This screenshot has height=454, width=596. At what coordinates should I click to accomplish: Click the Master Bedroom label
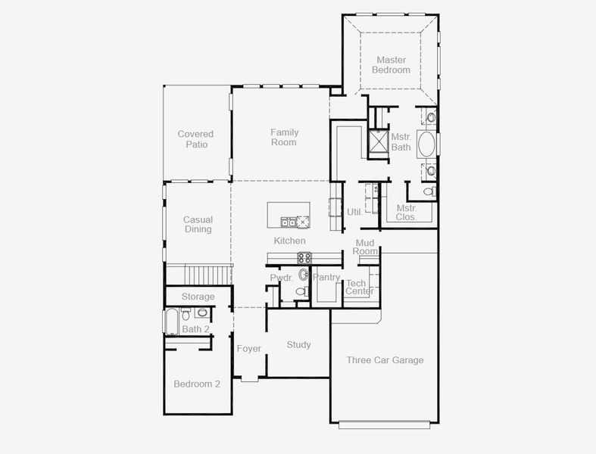(x=391, y=65)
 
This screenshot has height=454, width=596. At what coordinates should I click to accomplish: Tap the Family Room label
(x=284, y=137)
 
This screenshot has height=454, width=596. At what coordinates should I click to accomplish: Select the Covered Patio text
(x=195, y=139)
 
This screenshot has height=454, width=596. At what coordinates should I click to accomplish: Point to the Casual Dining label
(x=198, y=225)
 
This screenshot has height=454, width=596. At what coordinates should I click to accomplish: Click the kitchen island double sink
(x=289, y=222)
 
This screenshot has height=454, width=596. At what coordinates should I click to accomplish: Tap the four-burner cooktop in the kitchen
(x=303, y=257)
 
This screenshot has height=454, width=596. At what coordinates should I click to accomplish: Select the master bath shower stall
(x=377, y=142)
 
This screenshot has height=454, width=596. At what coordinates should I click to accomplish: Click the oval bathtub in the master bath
(x=427, y=145)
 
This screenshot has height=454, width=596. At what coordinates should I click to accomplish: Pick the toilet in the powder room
(x=300, y=291)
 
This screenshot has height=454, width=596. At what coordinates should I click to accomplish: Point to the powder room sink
(x=304, y=275)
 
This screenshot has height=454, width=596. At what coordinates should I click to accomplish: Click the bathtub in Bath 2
(x=170, y=321)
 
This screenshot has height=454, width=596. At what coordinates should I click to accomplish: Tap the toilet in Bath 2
(x=186, y=315)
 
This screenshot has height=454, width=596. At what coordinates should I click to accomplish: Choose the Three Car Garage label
(x=385, y=360)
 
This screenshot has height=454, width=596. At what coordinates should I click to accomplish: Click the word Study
(x=298, y=345)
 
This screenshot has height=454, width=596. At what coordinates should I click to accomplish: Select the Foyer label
(x=248, y=349)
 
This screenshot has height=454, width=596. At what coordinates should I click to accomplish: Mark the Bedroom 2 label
(x=197, y=384)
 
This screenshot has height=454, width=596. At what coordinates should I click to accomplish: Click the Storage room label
(x=198, y=297)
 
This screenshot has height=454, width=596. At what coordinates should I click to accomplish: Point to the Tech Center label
(x=359, y=288)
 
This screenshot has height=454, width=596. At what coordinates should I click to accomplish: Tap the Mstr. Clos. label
(x=407, y=213)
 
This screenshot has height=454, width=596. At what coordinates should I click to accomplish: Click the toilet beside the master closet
(x=429, y=191)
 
